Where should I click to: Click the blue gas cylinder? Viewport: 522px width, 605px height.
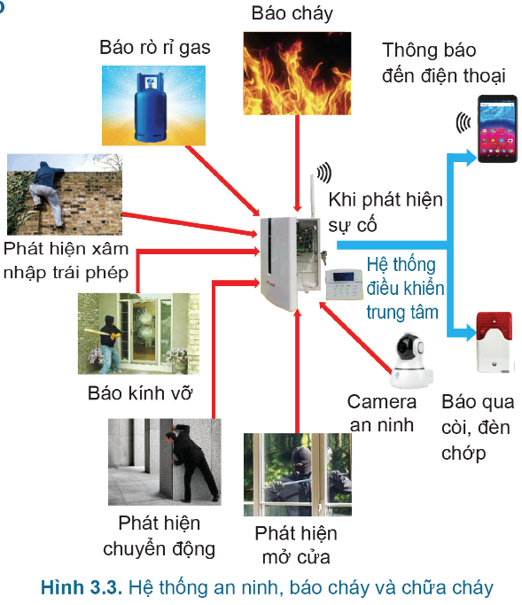click(151, 107)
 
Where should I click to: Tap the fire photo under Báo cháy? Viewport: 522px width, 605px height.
click(297, 74)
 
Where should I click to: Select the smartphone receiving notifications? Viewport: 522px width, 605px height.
click(497, 128)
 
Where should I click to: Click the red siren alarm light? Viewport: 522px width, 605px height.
click(495, 342)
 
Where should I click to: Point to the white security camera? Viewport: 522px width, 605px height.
click(410, 360)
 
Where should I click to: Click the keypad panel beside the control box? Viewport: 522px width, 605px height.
click(344, 284)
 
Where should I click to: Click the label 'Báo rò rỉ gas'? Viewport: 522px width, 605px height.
click(155, 48)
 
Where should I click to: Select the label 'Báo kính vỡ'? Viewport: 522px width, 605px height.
click(140, 393)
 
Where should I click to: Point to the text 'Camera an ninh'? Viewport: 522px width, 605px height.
click(381, 414)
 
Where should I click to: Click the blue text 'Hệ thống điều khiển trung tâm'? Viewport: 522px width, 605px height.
click(405, 289)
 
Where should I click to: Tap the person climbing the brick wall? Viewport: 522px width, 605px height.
click(47, 194)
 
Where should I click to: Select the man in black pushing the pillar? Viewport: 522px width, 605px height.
click(191, 462)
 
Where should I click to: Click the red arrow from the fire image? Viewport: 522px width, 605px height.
click(297, 163)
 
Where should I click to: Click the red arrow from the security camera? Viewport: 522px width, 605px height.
click(355, 337)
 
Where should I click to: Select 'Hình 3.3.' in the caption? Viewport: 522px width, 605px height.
click(82, 587)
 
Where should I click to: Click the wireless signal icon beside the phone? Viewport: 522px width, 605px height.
click(463, 123)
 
